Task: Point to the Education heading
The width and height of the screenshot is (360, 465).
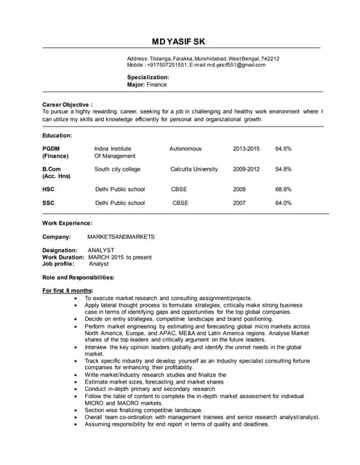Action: click(x=57, y=135)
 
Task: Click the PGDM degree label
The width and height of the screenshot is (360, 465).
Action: click(x=51, y=148)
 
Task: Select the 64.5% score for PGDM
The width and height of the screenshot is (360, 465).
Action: click(x=283, y=148)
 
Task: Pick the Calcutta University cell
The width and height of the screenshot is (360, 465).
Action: click(x=193, y=169)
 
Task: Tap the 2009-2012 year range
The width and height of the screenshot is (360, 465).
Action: click(x=246, y=169)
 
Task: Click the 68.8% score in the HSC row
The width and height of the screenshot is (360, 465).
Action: click(x=283, y=189)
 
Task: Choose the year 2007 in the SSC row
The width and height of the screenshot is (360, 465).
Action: click(x=239, y=203)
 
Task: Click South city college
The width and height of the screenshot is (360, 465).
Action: click(x=117, y=169)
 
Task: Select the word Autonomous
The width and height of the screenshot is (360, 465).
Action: click(x=185, y=148)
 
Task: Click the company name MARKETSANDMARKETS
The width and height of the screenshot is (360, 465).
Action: click(x=121, y=237)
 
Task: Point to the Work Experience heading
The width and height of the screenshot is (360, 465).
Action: click(x=67, y=223)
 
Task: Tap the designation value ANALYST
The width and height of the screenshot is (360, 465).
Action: click(x=100, y=250)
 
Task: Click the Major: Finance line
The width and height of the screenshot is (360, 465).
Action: click(x=147, y=84)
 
